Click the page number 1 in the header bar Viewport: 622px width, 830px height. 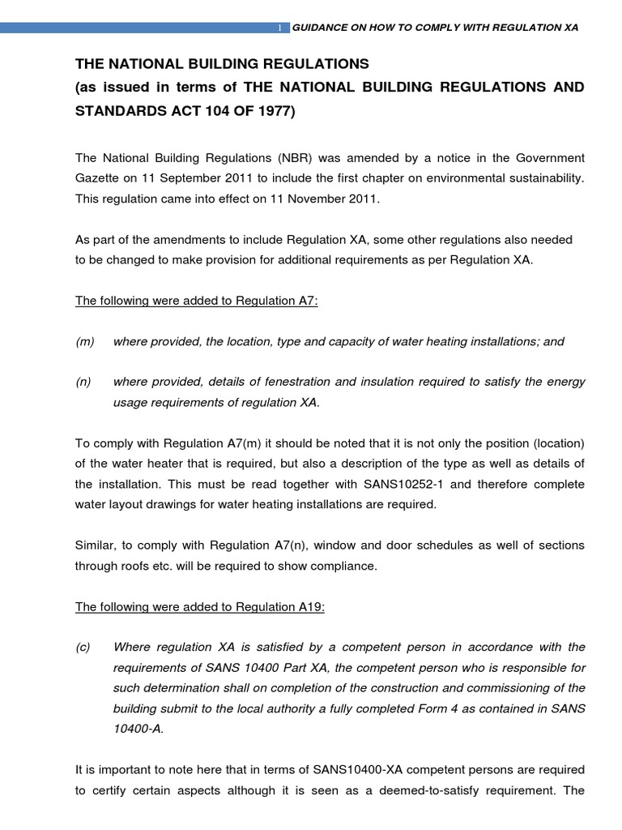coord(279,28)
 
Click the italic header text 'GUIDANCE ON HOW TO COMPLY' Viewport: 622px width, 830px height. coord(364,28)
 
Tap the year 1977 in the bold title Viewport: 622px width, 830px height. coord(275,111)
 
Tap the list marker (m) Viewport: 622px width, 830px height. coord(85,342)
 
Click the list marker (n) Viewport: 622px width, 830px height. coord(84,382)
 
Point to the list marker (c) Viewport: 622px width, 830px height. coord(84,647)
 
